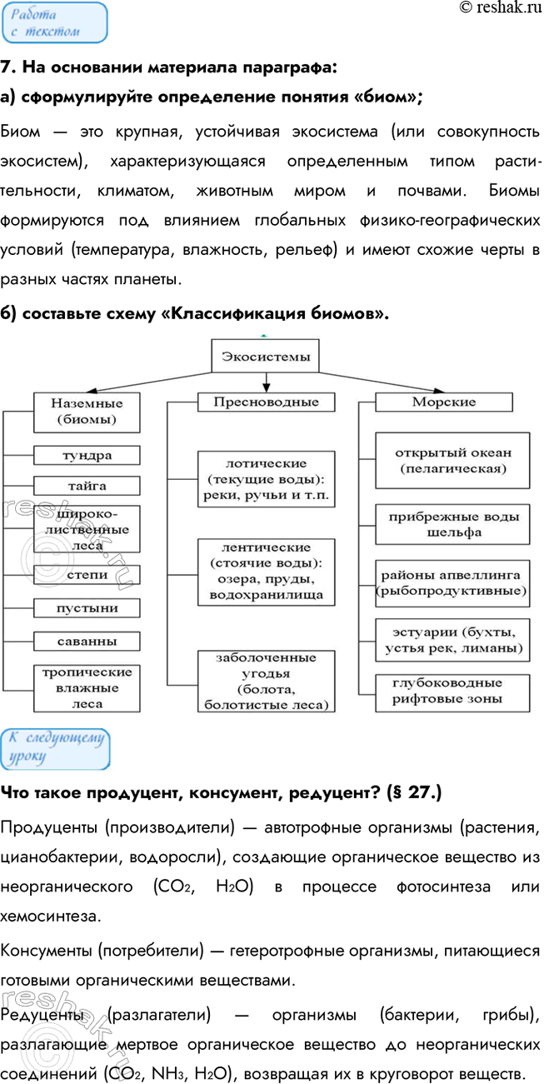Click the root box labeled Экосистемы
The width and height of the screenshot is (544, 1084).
(265, 357)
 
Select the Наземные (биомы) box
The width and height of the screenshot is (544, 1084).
(87, 410)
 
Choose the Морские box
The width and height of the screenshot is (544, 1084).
(444, 402)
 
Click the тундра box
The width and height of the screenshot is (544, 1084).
(87, 455)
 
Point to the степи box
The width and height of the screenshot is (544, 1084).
(87, 574)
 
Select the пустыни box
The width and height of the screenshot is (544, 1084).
(87, 607)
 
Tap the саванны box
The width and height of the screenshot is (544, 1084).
(87, 641)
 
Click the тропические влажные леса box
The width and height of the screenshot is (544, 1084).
(87, 688)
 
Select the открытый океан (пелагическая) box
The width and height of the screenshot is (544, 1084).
(453, 460)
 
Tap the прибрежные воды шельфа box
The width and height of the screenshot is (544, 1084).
(453, 524)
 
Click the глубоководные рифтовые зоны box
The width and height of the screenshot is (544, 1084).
(453, 691)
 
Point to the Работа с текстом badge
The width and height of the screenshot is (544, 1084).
(54, 22)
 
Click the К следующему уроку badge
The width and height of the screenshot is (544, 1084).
(55, 749)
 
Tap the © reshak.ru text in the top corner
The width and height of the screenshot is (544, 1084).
(500, 8)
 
